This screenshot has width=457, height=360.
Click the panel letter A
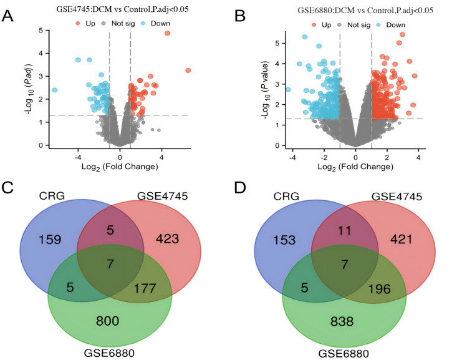coord(7,16)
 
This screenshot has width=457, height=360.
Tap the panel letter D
coord(240,188)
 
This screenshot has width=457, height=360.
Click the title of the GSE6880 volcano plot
coord(365,11)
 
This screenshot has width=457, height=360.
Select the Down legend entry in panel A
coord(156,23)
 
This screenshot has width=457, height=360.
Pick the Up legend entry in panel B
coord(322,25)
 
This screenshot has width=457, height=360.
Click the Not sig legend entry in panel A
coord(118,23)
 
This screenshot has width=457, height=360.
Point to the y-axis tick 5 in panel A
coord(41,31)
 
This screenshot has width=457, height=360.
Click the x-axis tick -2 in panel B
coord(324,157)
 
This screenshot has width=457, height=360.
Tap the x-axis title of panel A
coord(120,167)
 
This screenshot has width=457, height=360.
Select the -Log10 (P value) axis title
coord(265,90)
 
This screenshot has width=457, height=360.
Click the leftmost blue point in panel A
coord(54,90)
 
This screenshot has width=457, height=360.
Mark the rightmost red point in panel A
coord(188,71)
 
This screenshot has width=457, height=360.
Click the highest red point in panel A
coord(167,33)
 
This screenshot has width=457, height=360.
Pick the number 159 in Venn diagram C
coord(50,240)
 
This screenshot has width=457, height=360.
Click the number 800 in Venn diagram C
coord(107,321)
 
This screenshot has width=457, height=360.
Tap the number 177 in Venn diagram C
coord(145,288)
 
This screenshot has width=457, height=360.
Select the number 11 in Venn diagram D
coord(344,231)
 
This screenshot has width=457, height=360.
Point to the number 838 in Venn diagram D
coord(342,321)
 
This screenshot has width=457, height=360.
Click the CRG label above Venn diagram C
coord(52,196)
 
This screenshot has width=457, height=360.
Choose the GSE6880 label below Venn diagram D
coord(344,354)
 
